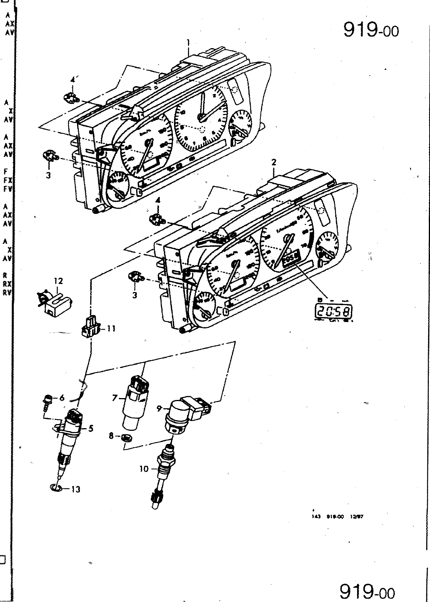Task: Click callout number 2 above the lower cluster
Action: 274,162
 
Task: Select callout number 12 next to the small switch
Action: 58,281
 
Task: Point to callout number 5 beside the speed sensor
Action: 90,428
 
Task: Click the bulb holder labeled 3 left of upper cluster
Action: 50,156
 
